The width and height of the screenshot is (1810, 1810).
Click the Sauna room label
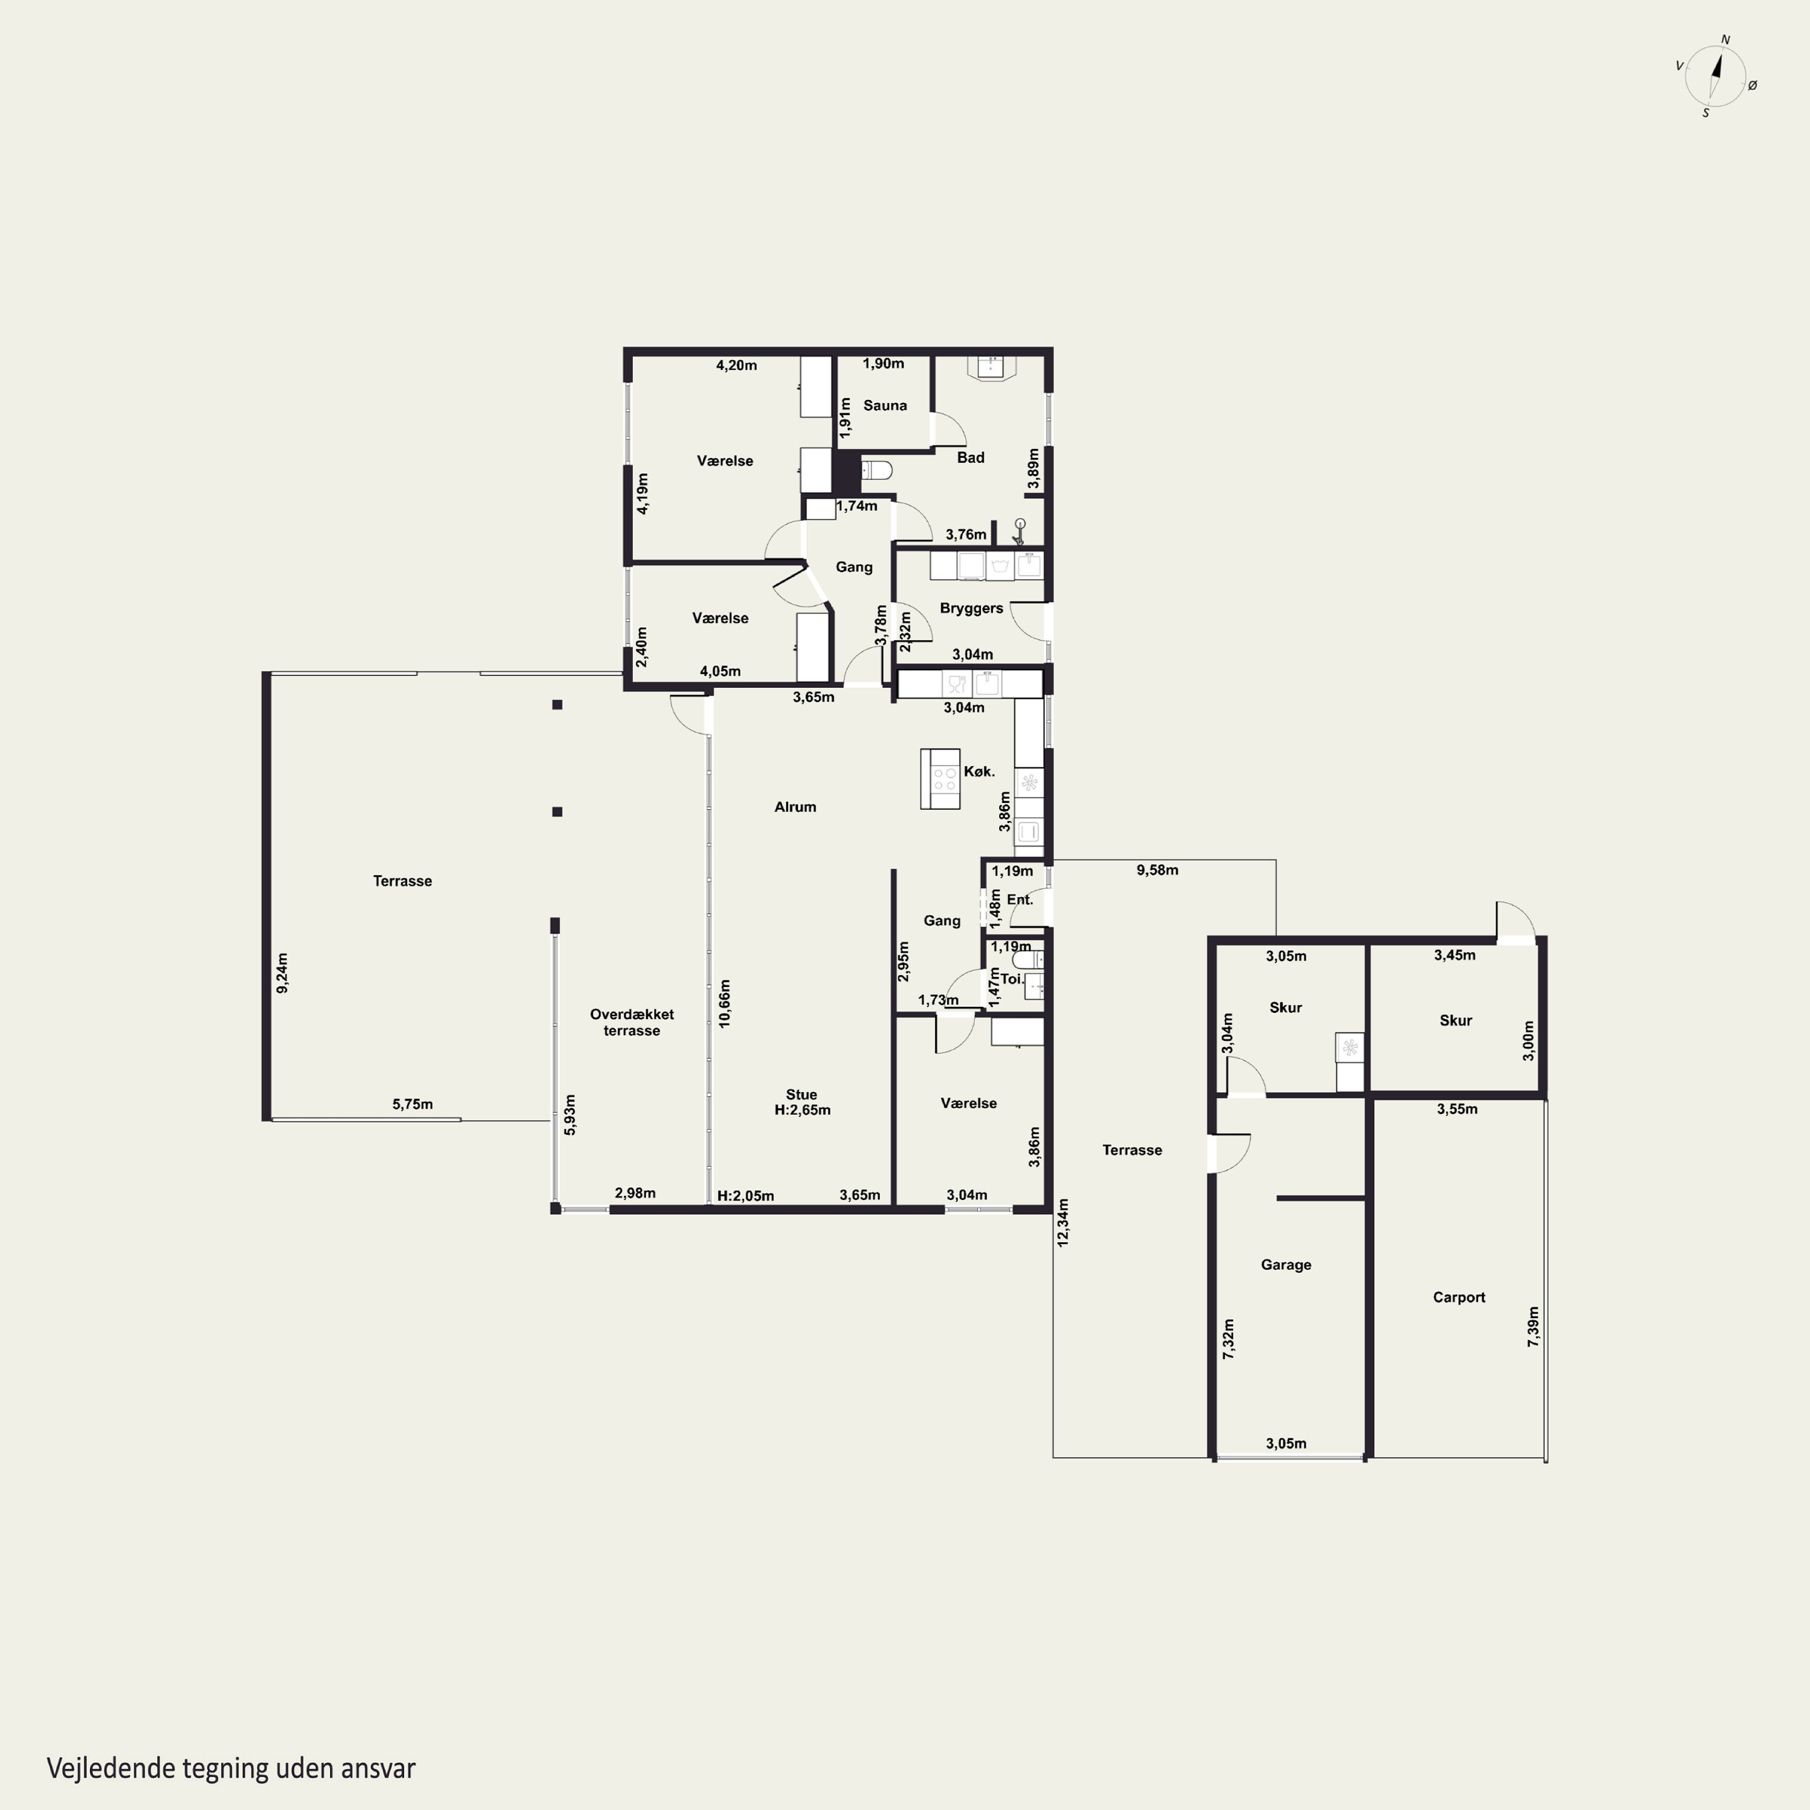click(884, 405)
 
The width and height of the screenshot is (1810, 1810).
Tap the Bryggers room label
click(971, 608)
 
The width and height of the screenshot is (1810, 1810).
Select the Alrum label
click(795, 807)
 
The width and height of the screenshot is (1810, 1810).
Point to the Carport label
click(1459, 1298)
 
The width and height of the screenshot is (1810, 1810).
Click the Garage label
click(1285, 1265)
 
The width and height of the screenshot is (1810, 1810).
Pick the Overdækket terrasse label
click(632, 1022)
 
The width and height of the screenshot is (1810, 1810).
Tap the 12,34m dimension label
click(1062, 1222)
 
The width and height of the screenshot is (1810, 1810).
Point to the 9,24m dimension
click(282, 973)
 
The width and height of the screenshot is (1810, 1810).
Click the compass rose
click(1715, 76)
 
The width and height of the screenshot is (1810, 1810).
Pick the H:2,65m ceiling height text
click(802, 1110)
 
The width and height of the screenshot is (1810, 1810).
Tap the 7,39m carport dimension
click(1532, 1327)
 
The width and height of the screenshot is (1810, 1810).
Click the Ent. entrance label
click(1019, 900)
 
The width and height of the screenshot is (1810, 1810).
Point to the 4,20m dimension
click(736, 366)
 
